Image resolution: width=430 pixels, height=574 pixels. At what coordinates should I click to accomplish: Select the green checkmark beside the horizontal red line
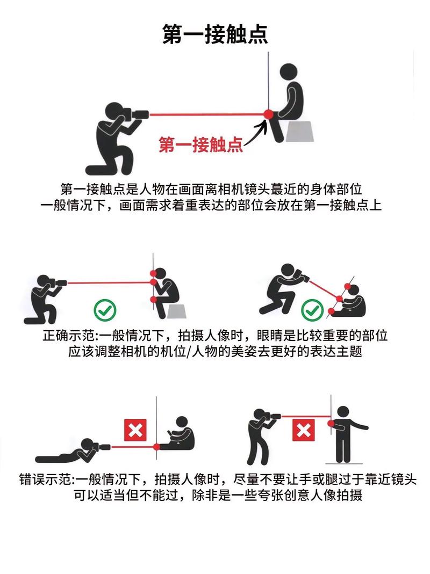coord(105,309)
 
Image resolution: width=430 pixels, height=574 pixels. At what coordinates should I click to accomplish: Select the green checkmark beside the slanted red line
coord(311,309)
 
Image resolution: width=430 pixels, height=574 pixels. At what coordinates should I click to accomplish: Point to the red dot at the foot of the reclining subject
coord(156,446)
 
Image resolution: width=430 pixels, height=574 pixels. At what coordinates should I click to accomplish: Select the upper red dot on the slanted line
coord(340,298)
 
